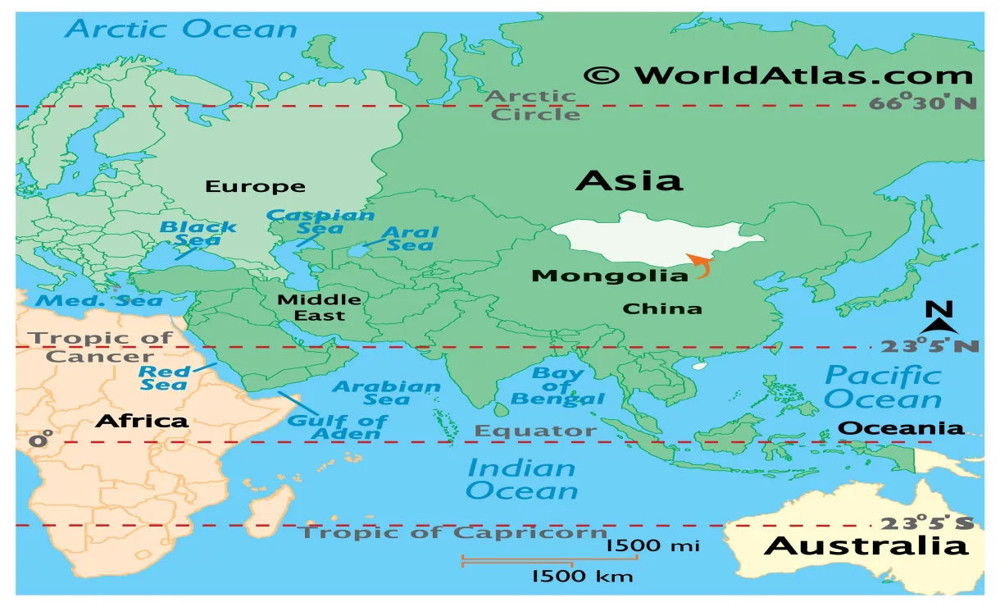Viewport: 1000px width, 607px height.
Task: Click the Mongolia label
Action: [x=610, y=276]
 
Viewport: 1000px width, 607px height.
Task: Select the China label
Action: [x=662, y=309]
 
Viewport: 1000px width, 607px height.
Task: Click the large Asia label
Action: [x=629, y=180]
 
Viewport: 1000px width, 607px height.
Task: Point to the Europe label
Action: [x=255, y=187]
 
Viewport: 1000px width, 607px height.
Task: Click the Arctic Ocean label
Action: [x=181, y=30]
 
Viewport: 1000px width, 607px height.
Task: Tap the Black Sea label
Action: [x=198, y=234]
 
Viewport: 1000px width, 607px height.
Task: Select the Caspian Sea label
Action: [x=320, y=221]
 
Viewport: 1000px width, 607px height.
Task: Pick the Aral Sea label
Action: [x=411, y=239]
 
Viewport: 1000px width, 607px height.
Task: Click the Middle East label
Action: [x=319, y=308]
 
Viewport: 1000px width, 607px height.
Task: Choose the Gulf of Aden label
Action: [x=337, y=427]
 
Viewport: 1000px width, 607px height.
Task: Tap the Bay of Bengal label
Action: [x=558, y=386]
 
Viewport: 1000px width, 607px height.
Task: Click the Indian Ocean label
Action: [x=522, y=480]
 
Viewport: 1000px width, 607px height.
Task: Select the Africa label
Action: [x=142, y=422]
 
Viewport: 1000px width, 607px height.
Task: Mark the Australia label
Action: [x=866, y=546]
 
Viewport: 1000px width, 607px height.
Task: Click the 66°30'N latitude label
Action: [x=924, y=104]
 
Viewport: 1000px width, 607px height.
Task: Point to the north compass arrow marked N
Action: [x=939, y=320]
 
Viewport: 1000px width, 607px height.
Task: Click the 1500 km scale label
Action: [x=582, y=576]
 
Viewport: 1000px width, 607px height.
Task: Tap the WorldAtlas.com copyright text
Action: [x=778, y=75]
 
